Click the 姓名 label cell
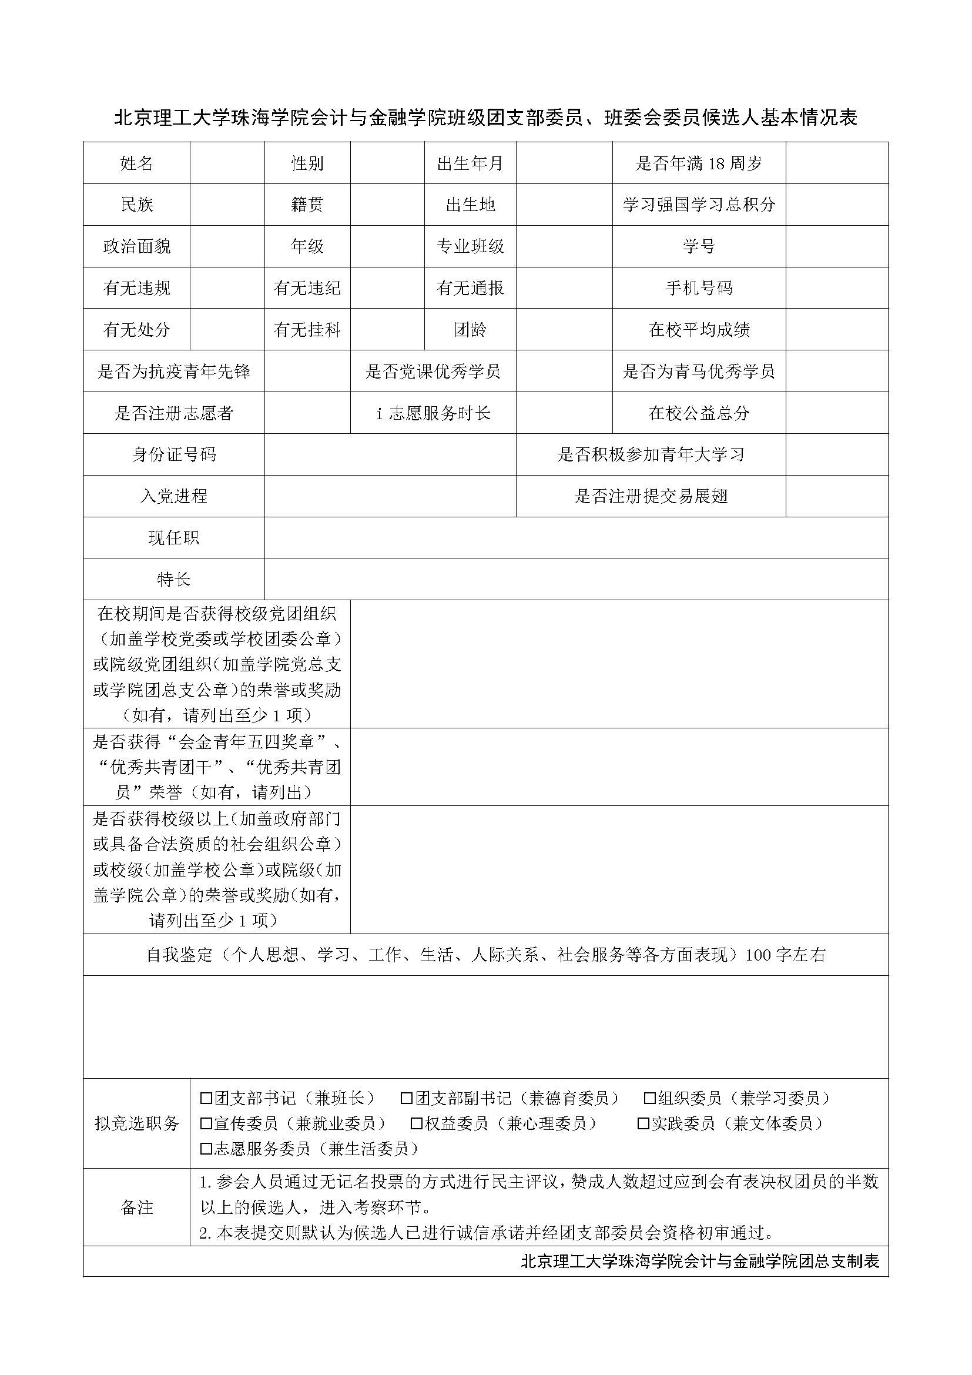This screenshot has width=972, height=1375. pyautogui.click(x=136, y=163)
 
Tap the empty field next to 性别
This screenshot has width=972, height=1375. pyautogui.click(x=387, y=163)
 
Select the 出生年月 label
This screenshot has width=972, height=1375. pyautogui.click(x=470, y=163)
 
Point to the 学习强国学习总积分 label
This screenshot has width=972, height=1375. pyautogui.click(x=699, y=205)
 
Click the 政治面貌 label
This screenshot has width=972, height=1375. pyautogui.click(x=136, y=246)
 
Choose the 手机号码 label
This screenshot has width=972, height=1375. pyautogui.click(x=699, y=288)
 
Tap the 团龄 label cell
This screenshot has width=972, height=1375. pyautogui.click(x=470, y=329)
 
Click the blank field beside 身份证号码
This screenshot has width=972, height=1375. pyautogui.click(x=390, y=454)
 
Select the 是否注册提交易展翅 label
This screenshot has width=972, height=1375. pyautogui.click(x=651, y=496)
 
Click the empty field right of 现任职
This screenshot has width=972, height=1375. pyautogui.click(x=576, y=538)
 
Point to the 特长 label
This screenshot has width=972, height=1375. pyautogui.click(x=173, y=579)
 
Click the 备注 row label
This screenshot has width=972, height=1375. pyautogui.click(x=136, y=1207)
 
